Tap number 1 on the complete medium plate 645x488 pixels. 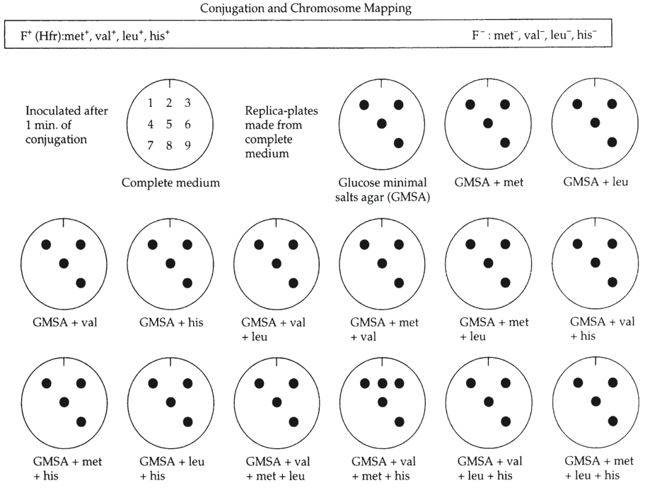[x=151, y=103]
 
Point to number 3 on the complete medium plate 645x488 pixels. [x=187, y=103]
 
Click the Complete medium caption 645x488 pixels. [x=170, y=183]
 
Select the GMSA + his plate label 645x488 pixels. [x=170, y=323]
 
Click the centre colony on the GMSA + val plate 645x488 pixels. [x=64, y=263]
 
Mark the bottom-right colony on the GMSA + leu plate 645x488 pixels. [x=611, y=142]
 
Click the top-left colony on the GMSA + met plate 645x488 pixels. [x=470, y=105]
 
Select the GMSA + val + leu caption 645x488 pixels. [x=276, y=329]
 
